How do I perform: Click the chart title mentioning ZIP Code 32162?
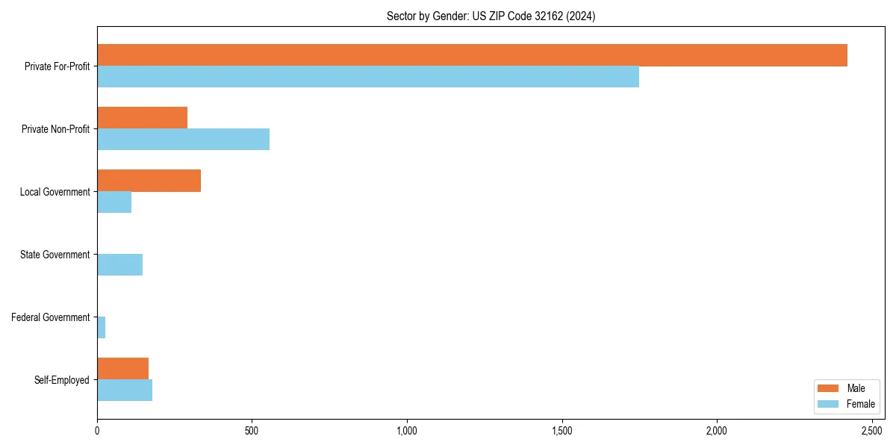(491, 16)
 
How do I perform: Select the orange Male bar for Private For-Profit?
(472, 55)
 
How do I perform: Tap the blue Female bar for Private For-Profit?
(368, 77)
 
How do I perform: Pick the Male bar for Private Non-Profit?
(142, 118)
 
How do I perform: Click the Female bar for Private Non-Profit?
(183, 140)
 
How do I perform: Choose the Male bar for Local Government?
(149, 181)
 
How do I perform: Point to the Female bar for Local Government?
(114, 202)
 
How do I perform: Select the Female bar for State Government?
(119, 265)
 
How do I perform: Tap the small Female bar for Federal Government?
(102, 328)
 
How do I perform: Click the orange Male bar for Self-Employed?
(122, 369)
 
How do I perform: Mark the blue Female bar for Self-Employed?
(125, 391)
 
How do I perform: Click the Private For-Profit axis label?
(57, 66)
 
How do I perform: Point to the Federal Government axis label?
(51, 317)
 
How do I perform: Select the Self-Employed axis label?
(62, 380)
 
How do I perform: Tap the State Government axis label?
(55, 255)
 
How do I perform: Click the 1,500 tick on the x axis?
(562, 431)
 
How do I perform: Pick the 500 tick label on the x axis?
(252, 431)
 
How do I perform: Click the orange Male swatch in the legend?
(829, 388)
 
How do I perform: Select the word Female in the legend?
(861, 404)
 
